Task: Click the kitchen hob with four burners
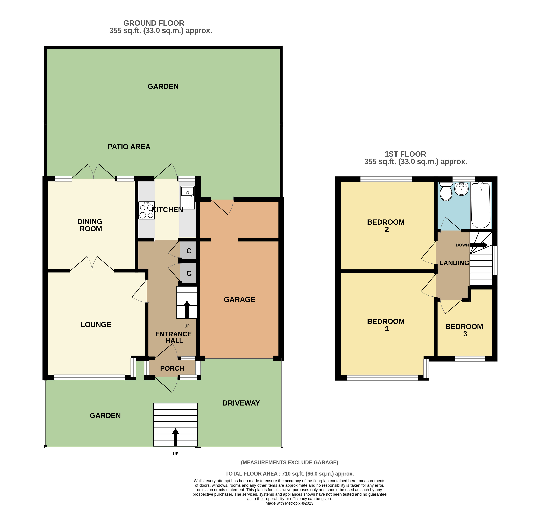pyautogui.click(x=147, y=211)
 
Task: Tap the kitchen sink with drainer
pyautogui.click(x=188, y=197)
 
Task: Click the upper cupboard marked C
pyautogui.click(x=189, y=251)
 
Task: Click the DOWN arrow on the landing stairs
pyautogui.click(x=479, y=245)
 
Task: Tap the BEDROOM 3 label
pyautogui.click(x=464, y=330)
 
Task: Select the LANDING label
pyautogui.click(x=454, y=263)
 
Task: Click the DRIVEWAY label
pyautogui.click(x=241, y=403)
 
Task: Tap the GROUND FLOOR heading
pyautogui.click(x=154, y=23)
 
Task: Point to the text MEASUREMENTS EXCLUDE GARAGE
pyautogui.click(x=289, y=462)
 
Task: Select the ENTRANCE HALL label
pyautogui.click(x=174, y=337)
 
